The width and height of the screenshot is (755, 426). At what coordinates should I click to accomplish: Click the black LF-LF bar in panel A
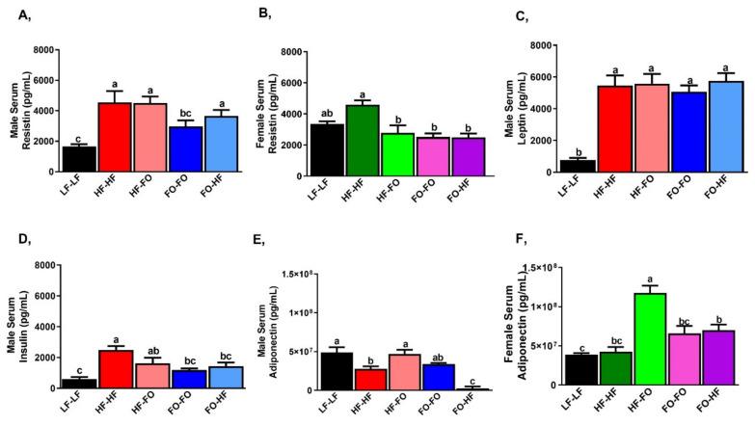click(x=73, y=158)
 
